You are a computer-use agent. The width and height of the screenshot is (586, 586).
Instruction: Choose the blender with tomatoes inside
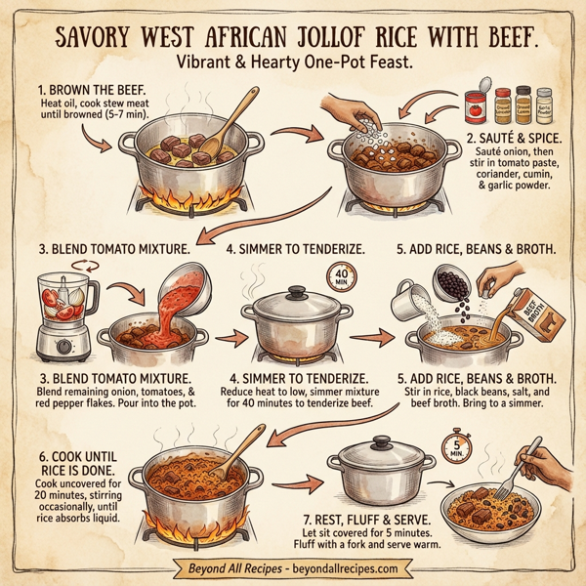[61, 313]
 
